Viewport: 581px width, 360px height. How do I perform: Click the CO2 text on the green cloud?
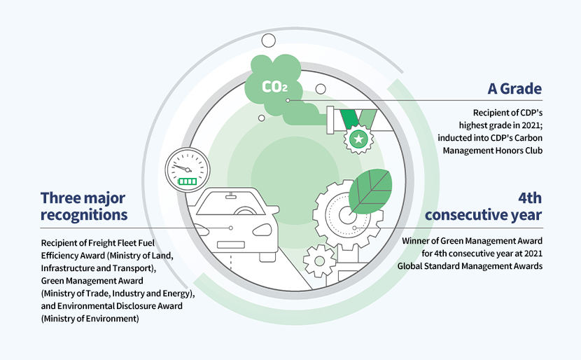[274, 87]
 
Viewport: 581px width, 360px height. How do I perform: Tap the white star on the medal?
[358, 139]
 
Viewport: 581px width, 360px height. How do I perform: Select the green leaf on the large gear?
[370, 191]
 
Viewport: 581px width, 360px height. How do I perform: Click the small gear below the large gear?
[319, 261]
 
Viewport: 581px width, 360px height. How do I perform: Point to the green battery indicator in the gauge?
[188, 181]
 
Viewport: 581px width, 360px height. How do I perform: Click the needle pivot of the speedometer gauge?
[188, 169]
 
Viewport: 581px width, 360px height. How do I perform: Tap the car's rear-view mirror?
[231, 195]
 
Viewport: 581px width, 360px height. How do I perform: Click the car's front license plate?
[231, 244]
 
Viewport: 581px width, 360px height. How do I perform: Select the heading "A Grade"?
[514, 89]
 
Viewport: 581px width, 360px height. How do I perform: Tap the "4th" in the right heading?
[530, 198]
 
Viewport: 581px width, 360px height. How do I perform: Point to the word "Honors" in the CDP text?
[510, 151]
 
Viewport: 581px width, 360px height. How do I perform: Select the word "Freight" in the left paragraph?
[101, 243]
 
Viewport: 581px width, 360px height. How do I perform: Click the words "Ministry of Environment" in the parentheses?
[90, 319]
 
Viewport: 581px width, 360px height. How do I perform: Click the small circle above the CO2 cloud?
[268, 41]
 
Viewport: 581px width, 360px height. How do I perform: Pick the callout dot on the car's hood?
[230, 228]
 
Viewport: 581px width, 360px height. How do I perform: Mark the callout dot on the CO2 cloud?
[288, 100]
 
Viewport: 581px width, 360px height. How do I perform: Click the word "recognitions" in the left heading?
[84, 215]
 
